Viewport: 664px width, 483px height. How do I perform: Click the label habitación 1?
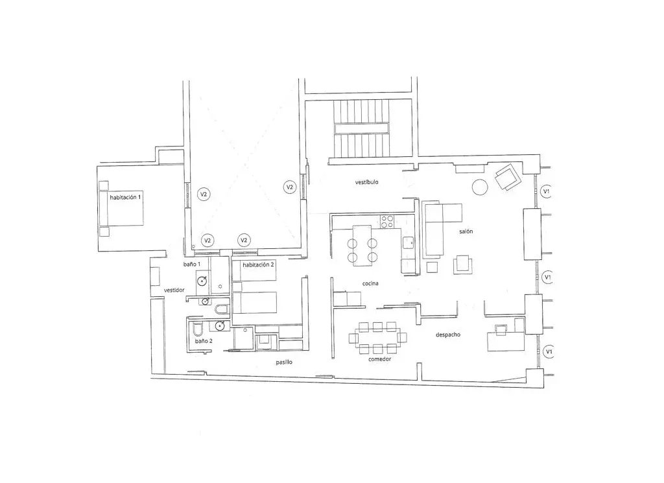pyautogui.click(x=125, y=197)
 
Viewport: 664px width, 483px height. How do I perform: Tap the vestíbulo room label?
pyautogui.click(x=367, y=182)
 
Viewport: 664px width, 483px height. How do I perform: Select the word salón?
pyautogui.click(x=466, y=231)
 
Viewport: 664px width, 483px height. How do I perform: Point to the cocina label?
pyautogui.click(x=370, y=283)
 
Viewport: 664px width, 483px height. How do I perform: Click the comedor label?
pyautogui.click(x=380, y=359)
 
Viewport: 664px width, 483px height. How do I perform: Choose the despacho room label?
pyautogui.click(x=448, y=335)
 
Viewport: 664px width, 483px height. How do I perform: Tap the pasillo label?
pyautogui.click(x=284, y=362)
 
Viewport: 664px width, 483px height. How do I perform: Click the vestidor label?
pyautogui.click(x=174, y=290)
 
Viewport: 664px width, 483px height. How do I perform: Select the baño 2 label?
pyautogui.click(x=204, y=341)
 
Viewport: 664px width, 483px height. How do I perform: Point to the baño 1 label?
pyautogui.click(x=192, y=264)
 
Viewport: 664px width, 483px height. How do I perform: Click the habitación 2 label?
pyautogui.click(x=258, y=265)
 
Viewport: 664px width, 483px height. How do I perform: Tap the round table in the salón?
pyautogui.click(x=480, y=187)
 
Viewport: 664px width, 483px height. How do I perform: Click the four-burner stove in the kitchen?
pyautogui.click(x=388, y=222)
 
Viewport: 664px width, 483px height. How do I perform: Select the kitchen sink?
pyautogui.click(x=409, y=242)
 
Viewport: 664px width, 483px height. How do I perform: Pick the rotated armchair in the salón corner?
pyautogui.click(x=508, y=178)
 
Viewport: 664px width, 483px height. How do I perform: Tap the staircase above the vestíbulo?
pyautogui.click(x=361, y=128)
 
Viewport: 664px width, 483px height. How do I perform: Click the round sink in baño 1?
pyautogui.click(x=202, y=280)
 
